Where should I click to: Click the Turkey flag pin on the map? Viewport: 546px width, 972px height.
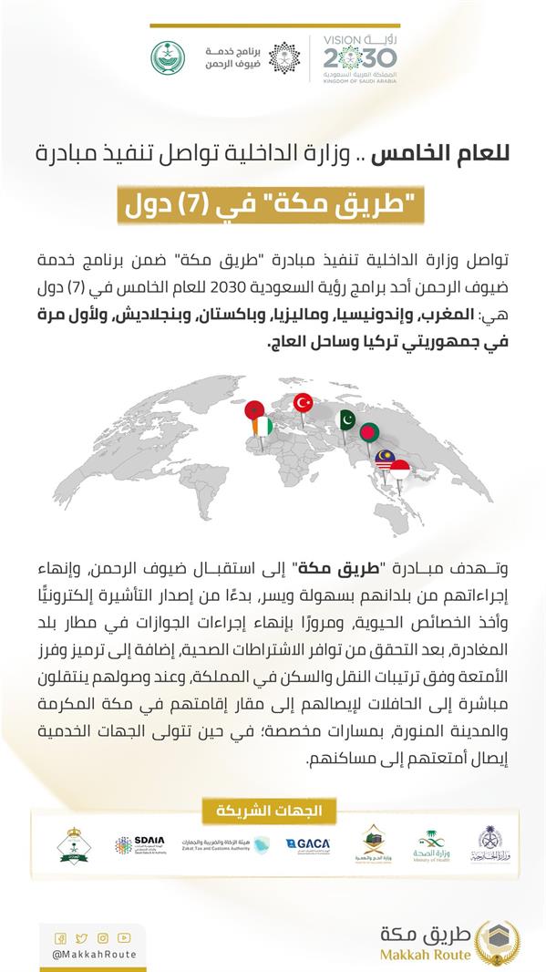click(x=303, y=401)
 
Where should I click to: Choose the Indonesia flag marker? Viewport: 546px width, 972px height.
click(x=398, y=471)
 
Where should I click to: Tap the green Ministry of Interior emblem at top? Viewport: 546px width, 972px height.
click(x=167, y=57)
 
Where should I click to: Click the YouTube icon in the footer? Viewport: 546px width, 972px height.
click(x=124, y=937)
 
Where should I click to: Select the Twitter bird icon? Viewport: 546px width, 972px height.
click(x=82, y=937)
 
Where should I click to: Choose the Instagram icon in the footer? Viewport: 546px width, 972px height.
click(x=103, y=937)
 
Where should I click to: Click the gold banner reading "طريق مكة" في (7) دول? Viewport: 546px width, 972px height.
click(x=273, y=204)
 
